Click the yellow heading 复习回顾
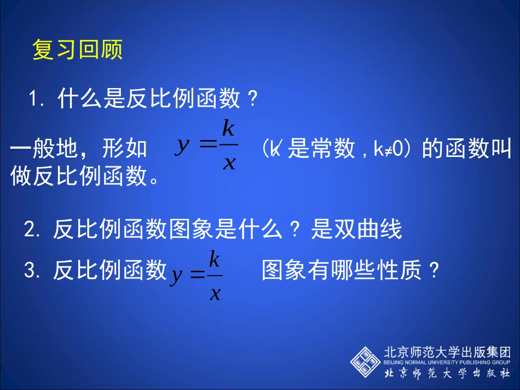click(78, 50)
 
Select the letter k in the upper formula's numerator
click(228, 129)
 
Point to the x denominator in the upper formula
click(229, 163)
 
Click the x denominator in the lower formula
click(215, 294)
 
